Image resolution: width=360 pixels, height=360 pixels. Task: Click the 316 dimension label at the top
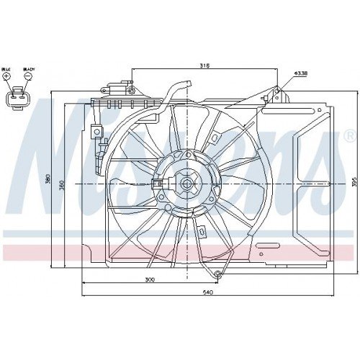[x=204, y=66]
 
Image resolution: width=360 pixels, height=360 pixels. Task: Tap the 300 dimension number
[x=149, y=279]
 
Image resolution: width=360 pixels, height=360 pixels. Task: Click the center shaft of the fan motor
[x=187, y=184]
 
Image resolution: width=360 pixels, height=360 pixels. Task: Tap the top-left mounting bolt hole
[x=132, y=89]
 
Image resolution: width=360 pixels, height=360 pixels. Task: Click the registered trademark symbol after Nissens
[x=349, y=135]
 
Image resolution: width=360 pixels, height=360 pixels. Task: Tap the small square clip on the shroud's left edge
[x=95, y=132]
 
